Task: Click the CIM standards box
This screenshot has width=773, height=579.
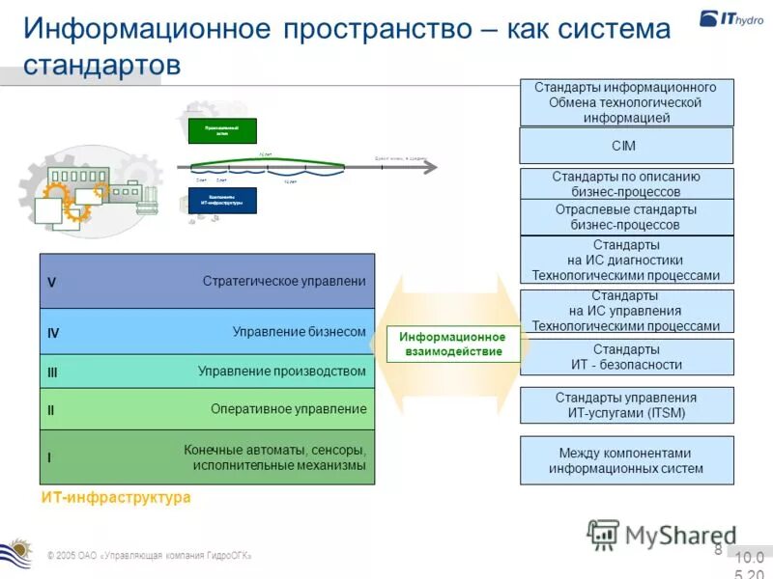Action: tap(626, 146)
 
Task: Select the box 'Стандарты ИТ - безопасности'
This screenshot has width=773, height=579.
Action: tap(626, 357)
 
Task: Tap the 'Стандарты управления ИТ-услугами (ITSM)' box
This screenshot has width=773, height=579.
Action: tap(626, 405)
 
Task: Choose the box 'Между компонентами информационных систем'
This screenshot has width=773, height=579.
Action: tap(626, 460)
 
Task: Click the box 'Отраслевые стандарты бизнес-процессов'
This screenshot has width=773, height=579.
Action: tap(626, 217)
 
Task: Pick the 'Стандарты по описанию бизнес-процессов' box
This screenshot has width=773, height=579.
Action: tap(626, 184)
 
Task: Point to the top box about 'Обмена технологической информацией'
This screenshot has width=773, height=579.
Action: tap(626, 102)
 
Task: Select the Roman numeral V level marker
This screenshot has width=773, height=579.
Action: tap(52, 283)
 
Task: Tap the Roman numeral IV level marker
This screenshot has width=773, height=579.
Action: tap(53, 333)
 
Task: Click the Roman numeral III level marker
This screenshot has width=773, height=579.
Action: tap(53, 372)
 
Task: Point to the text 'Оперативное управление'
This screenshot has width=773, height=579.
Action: tap(288, 409)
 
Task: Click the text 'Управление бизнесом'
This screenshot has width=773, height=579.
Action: tap(299, 332)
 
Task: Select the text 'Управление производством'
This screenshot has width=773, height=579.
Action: tap(281, 372)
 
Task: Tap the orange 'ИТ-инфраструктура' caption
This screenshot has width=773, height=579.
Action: tap(116, 497)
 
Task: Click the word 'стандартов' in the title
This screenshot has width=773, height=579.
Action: tap(101, 66)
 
